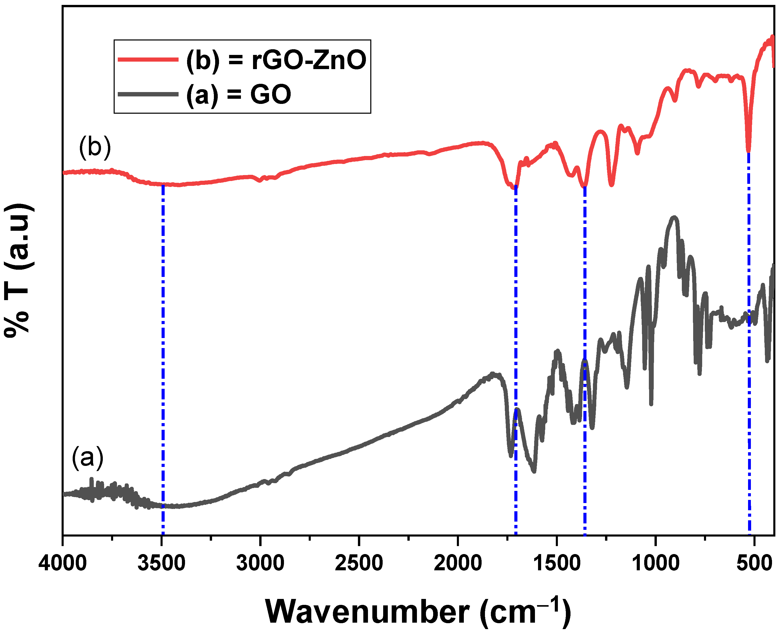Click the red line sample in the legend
point(148,59)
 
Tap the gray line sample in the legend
point(148,94)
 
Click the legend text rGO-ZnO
point(309,60)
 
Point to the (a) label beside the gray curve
point(88,457)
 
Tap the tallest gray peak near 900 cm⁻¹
point(675,218)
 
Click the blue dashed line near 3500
point(163,347)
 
